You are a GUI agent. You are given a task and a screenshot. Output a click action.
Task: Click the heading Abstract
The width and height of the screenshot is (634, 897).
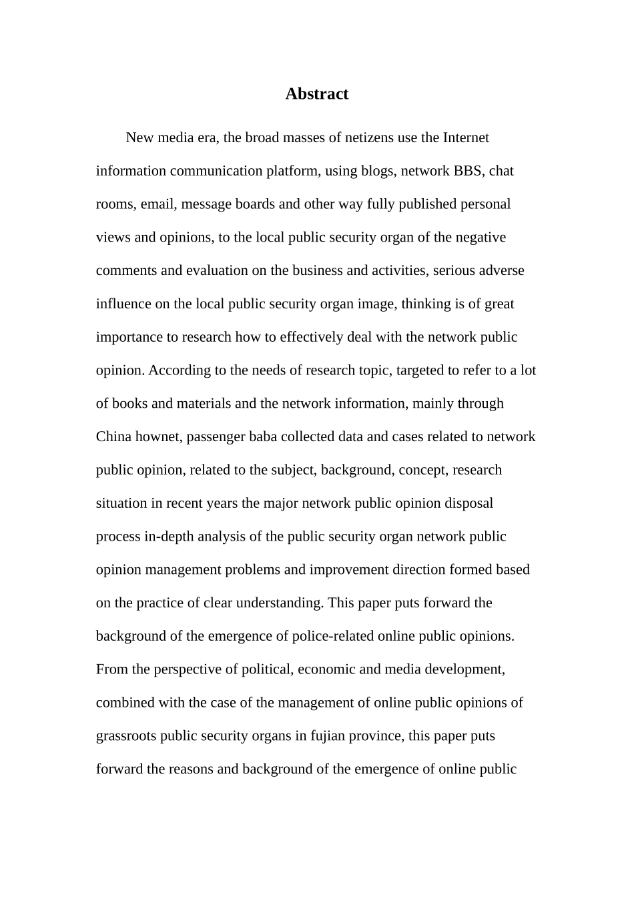pyautogui.click(x=316, y=94)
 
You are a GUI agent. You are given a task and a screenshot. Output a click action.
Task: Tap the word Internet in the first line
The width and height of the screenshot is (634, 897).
pyautogui.click(x=465, y=137)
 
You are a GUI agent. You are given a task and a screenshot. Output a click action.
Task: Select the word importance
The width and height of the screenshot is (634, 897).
pyautogui.click(x=129, y=337)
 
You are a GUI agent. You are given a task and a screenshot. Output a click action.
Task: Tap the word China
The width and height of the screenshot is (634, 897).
pyautogui.click(x=114, y=437)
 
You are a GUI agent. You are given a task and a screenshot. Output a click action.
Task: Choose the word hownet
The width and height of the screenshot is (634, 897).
pyautogui.click(x=159, y=437)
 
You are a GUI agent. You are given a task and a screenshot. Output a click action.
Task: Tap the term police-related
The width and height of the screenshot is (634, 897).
pyautogui.click(x=333, y=636)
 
